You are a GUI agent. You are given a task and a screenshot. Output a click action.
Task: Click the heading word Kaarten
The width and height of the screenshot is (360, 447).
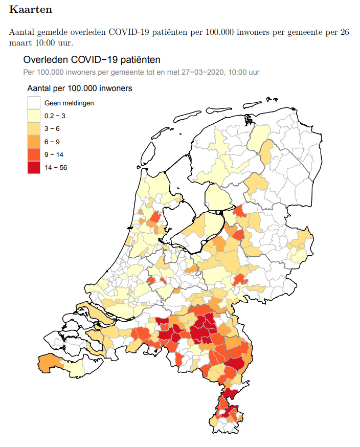point(30,10)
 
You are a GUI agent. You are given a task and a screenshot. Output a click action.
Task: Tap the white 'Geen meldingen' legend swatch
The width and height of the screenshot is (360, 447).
point(34,103)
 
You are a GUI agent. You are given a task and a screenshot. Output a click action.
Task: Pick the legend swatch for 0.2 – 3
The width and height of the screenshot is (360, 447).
point(34,116)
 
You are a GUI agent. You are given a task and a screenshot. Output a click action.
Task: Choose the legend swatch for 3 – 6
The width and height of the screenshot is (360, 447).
point(34,129)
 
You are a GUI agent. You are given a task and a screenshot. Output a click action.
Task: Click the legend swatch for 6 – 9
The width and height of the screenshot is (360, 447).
point(34,142)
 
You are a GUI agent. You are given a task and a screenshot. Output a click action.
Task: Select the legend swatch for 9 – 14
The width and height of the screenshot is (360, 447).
point(34,154)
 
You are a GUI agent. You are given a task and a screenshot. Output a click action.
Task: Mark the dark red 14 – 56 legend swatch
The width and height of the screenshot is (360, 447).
point(34,167)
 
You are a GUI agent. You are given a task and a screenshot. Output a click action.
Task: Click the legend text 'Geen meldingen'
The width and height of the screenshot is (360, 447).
point(69,103)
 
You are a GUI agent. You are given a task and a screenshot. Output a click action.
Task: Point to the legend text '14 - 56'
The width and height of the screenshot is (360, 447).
point(56,167)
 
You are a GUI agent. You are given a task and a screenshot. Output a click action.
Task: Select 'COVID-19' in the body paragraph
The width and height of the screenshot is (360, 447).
point(126,32)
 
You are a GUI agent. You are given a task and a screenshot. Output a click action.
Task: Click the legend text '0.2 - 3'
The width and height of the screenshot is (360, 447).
point(55,116)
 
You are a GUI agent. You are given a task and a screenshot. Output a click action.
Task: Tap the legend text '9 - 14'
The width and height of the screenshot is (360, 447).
point(54,154)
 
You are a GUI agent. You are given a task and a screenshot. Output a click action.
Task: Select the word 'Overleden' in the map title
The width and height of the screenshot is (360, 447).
point(43,60)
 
